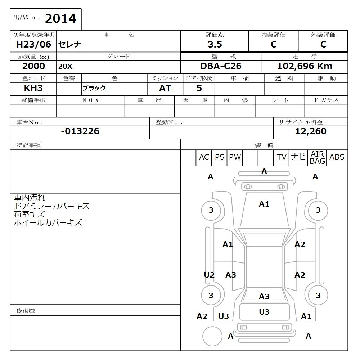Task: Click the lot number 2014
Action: point(60,19)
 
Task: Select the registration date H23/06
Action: point(34,45)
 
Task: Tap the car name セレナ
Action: point(70,45)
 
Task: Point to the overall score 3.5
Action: point(215,45)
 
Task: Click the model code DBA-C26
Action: point(221,66)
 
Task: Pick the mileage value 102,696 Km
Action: point(305,66)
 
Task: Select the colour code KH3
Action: point(33,88)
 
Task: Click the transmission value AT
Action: point(165,88)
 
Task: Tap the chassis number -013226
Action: point(80,131)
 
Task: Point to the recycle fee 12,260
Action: point(310,131)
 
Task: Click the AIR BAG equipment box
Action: point(317,158)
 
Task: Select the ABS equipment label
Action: point(337,157)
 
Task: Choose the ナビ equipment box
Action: point(298,157)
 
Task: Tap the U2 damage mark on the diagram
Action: point(209,275)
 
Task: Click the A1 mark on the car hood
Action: point(264,204)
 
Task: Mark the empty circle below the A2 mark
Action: point(212,336)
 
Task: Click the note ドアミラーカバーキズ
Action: point(51,206)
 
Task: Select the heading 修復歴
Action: point(26,310)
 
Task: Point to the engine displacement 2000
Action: point(33,66)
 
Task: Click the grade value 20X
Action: point(65,67)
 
